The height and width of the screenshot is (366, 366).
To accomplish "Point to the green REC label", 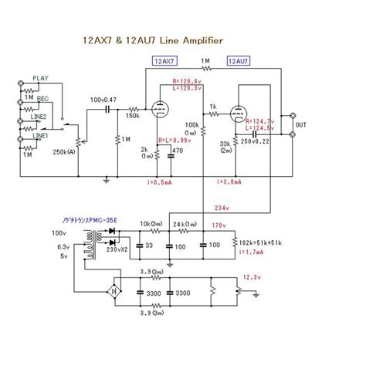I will tap(42, 99).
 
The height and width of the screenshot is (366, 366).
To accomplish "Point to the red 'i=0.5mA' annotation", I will tap(159, 181).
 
